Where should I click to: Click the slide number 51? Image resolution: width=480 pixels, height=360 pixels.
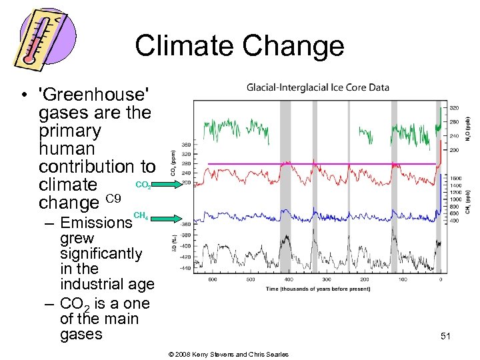point(445,337)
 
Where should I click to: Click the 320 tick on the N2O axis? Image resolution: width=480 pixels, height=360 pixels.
point(454,107)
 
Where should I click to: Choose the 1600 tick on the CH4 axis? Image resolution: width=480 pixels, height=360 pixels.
point(455,179)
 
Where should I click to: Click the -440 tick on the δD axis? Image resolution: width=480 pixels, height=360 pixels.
point(185,269)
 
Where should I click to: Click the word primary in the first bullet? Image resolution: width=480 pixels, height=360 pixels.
point(70,131)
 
